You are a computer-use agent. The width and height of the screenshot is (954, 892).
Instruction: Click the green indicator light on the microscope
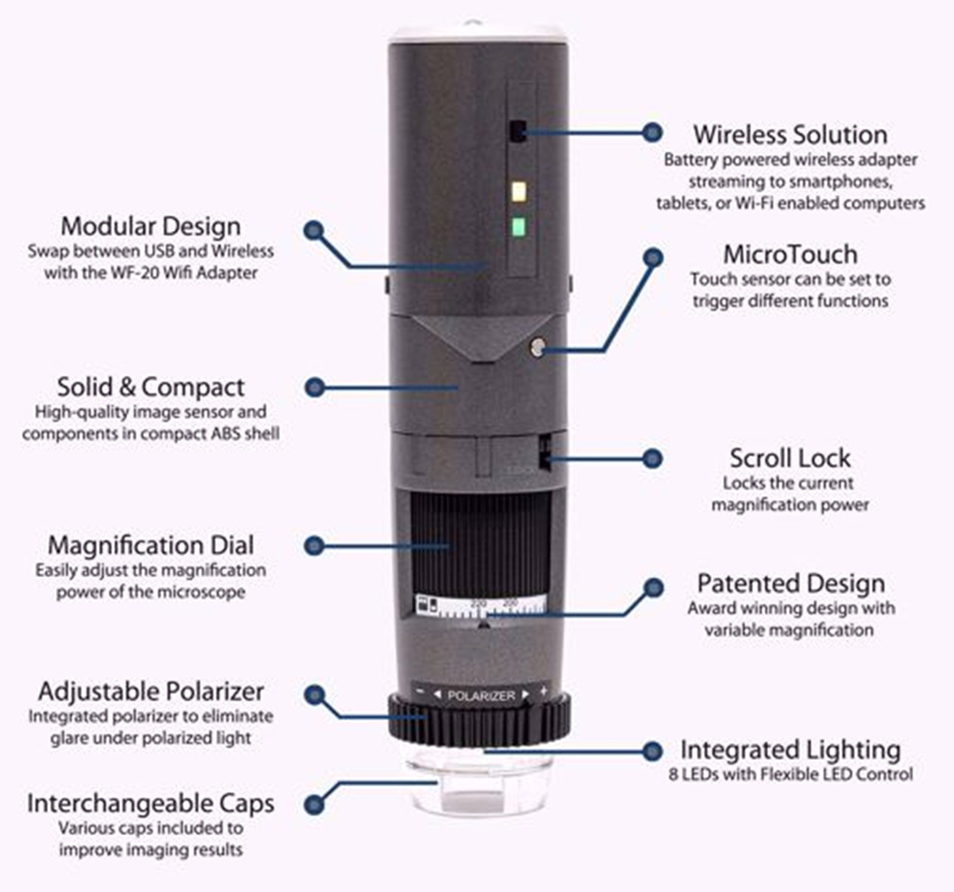point(518,227)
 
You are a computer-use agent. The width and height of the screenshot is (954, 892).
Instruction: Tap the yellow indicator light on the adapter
point(519,191)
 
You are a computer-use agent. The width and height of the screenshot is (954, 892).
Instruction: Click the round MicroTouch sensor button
point(537,347)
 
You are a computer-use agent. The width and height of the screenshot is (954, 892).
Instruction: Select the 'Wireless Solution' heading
point(790,135)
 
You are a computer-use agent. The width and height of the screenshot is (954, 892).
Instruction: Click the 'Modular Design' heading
point(151,226)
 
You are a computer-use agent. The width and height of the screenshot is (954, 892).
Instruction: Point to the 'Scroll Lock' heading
point(790,458)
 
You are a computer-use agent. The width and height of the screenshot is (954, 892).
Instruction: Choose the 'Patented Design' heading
point(791,583)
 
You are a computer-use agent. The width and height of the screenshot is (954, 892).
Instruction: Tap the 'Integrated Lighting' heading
point(790,750)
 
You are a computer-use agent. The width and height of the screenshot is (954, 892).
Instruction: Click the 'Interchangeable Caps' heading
point(151,803)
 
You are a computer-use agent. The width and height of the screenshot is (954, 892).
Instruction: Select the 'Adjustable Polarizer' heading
point(151,692)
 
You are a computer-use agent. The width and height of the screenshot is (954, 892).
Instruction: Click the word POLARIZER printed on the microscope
point(481,695)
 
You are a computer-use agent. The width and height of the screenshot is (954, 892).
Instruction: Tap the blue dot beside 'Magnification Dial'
point(314,546)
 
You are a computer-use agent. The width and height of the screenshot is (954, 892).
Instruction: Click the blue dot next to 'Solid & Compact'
point(315,387)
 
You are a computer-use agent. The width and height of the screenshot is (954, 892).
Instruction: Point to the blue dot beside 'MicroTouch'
point(652,258)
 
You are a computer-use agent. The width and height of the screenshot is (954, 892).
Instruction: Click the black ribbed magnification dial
point(480,540)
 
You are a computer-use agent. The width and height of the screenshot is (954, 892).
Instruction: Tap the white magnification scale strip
point(481,606)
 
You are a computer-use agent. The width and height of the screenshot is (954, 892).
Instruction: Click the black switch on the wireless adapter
point(518,131)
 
